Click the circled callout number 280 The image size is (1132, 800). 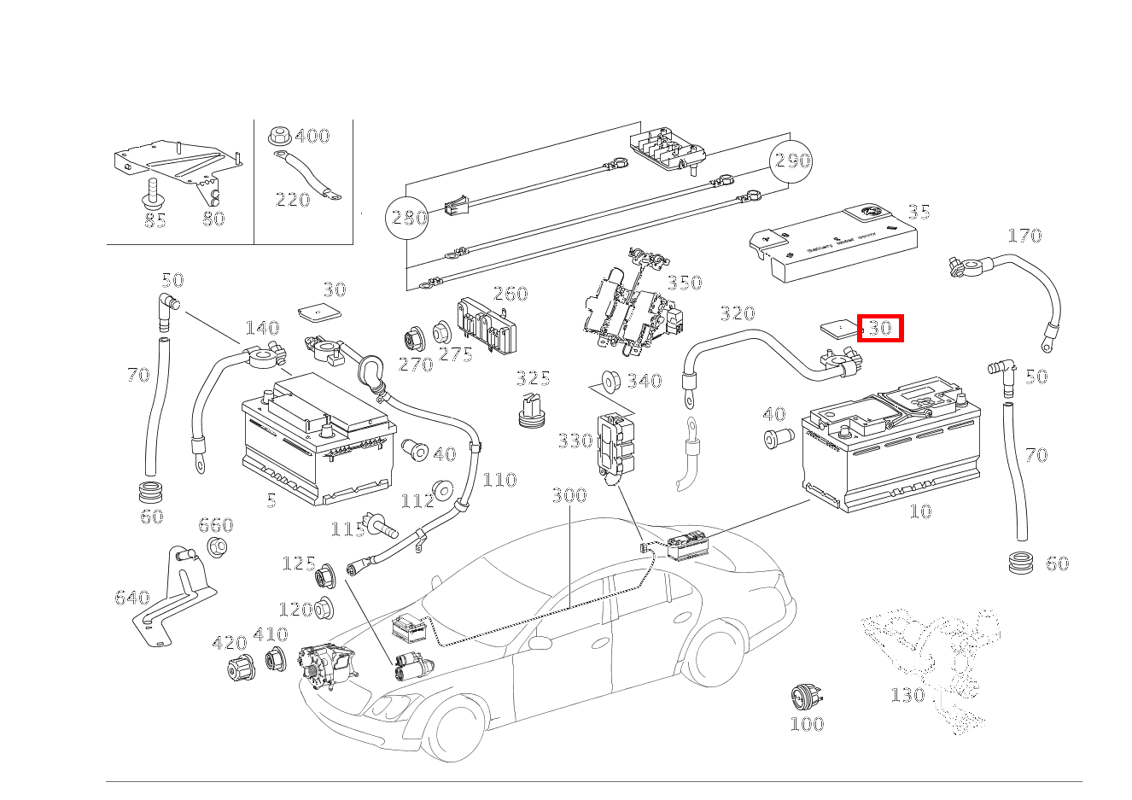[409, 218]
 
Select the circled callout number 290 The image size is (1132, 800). [791, 161]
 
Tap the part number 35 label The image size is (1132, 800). [919, 212]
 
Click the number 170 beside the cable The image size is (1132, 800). [1024, 236]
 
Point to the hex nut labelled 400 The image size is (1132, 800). [277, 135]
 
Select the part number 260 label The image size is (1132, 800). [511, 294]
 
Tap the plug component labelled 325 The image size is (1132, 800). [531, 411]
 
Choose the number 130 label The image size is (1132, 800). [907, 695]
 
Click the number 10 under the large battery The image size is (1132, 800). [920, 511]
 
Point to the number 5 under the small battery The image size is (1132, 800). [271, 501]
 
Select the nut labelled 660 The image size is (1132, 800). [218, 547]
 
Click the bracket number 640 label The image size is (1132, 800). [131, 598]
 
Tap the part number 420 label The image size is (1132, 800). [230, 643]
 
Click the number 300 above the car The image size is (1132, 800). [569, 495]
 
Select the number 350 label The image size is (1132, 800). [684, 283]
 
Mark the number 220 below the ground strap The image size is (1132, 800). [292, 200]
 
